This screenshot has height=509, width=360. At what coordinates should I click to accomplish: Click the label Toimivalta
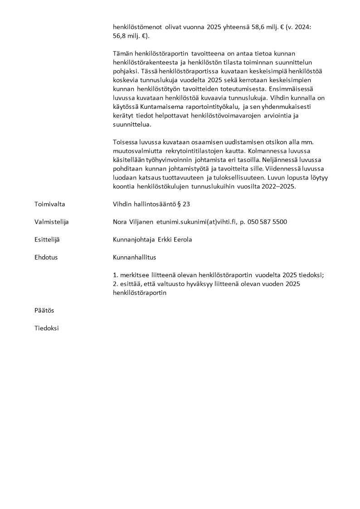click(49, 204)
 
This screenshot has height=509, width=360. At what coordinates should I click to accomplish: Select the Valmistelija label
click(51, 222)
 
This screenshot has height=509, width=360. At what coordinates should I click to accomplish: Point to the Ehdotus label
click(46, 257)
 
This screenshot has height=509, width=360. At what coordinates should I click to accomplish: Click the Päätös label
click(44, 310)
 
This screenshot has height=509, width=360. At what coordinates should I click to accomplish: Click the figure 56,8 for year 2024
click(120, 36)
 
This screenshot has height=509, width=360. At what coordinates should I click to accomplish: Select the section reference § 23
click(183, 204)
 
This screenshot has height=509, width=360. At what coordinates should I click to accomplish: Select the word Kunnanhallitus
click(134, 257)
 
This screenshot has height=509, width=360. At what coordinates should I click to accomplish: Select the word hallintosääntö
click(152, 204)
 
